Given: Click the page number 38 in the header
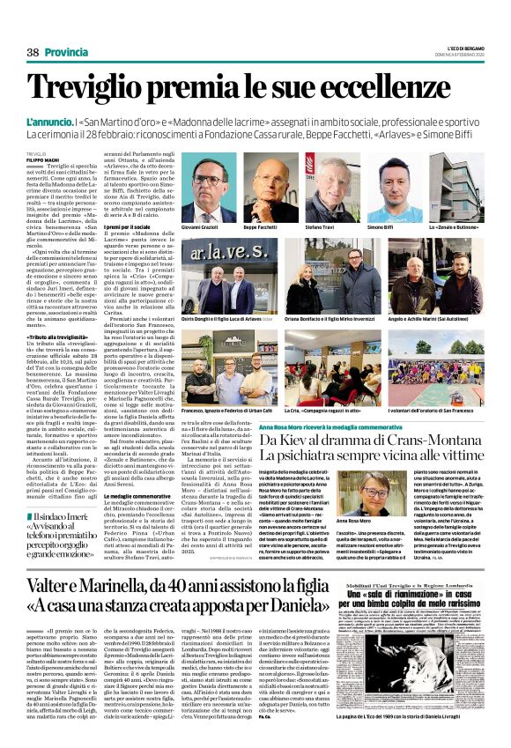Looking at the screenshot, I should pos(33,52).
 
